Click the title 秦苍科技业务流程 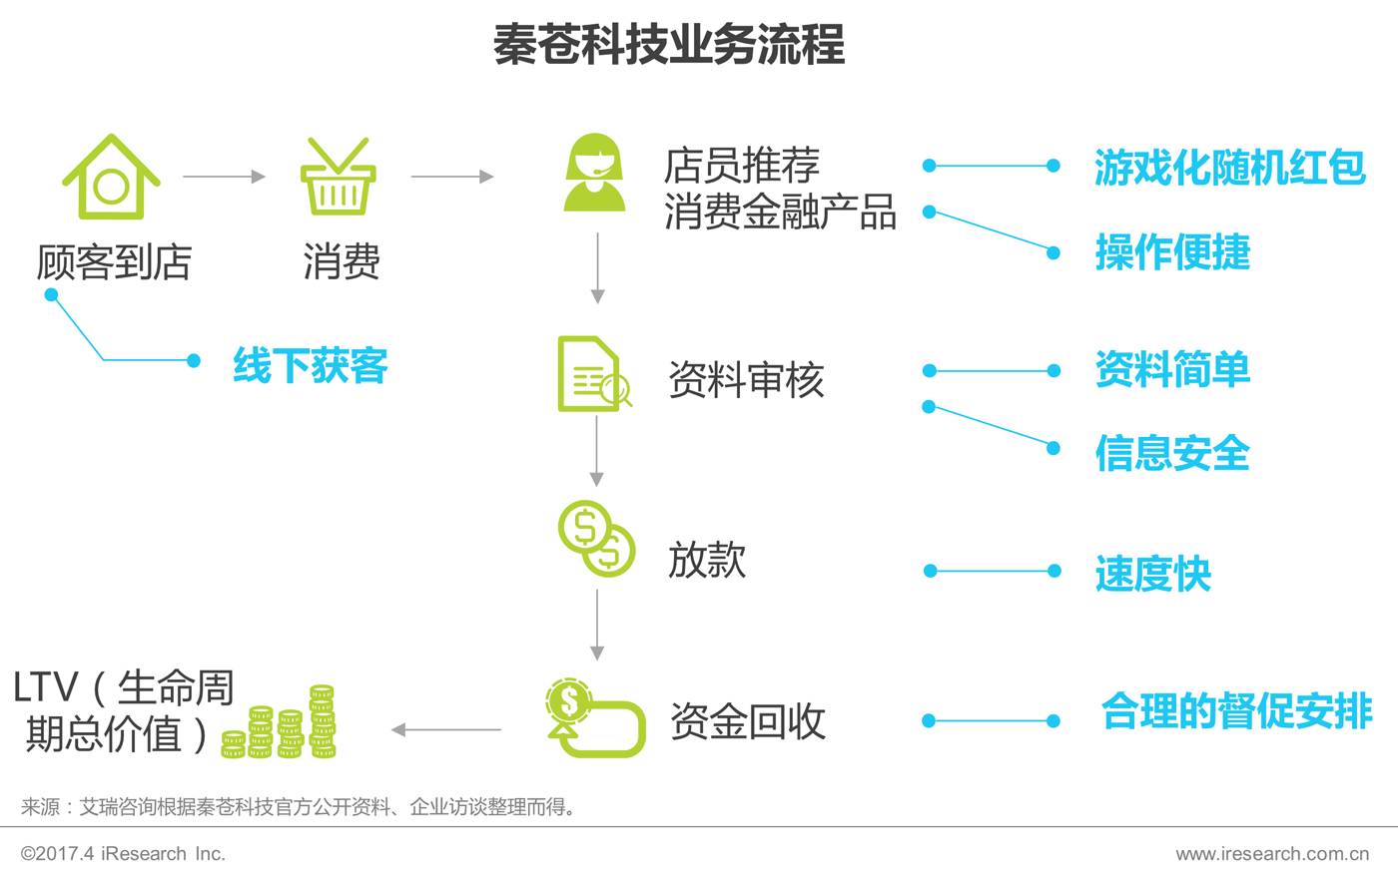coord(669,45)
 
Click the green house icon coord(111,178)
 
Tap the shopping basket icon coord(338,178)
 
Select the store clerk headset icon coord(594,175)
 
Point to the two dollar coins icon coord(596,539)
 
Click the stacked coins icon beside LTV coord(280,723)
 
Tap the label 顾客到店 coord(113,262)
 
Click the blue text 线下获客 coord(310,365)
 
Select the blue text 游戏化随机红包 coord(1229,167)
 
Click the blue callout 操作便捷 coord(1172,251)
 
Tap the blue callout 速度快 coord(1152,574)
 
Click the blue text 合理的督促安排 coord(1236,711)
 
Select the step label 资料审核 coord(746,380)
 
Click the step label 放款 coord(707,560)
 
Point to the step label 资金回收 coord(748,721)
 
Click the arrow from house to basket coord(224,177)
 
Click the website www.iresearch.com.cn coord(1272,854)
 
